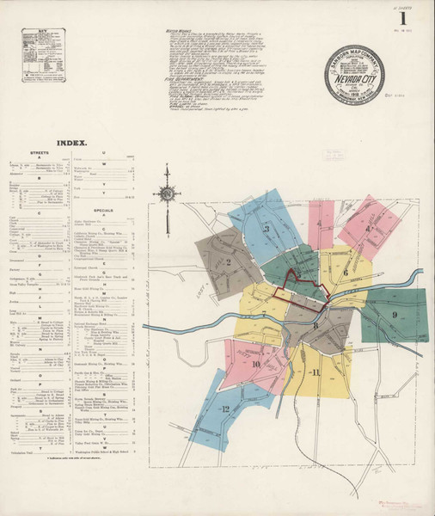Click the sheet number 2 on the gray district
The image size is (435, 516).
pos(230,262)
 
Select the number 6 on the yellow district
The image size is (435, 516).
pos(346,272)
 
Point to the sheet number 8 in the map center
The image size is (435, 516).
pos(316,325)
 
